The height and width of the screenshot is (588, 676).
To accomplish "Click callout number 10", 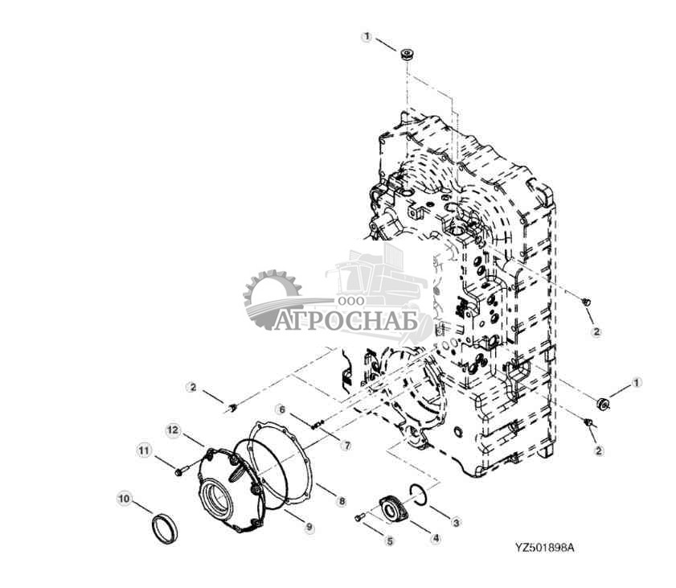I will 124,499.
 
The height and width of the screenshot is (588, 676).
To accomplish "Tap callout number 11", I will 143,450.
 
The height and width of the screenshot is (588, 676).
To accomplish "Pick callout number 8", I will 342,501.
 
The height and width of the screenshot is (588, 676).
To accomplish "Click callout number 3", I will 457,523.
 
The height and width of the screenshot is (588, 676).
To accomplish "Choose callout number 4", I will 435,538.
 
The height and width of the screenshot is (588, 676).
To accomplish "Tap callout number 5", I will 390,541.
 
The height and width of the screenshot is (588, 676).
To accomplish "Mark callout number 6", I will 281,409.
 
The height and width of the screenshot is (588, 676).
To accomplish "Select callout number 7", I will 346,444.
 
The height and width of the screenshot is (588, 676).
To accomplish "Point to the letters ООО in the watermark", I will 350,299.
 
